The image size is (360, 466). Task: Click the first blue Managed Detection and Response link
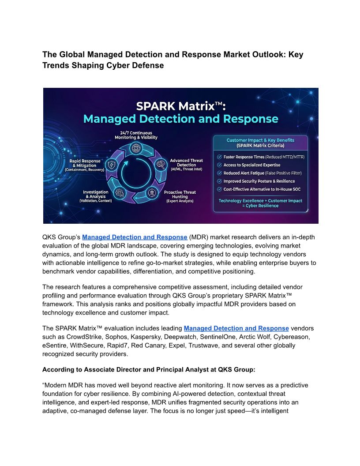135,237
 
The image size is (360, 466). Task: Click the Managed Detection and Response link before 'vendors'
236,328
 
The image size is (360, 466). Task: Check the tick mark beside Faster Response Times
219,157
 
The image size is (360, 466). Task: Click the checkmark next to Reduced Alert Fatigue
219,173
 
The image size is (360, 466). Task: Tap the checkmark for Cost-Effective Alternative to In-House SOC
219,189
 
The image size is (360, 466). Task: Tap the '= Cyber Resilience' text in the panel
260,206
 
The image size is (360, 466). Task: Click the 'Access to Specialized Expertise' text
252,165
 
